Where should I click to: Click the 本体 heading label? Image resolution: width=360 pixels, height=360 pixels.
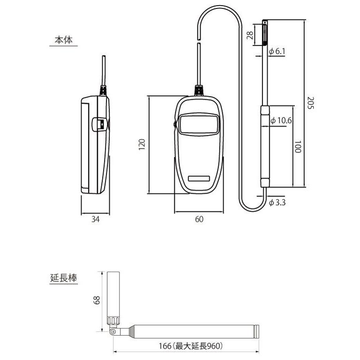[63, 40]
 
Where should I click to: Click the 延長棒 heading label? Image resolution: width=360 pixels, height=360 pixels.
[63, 277]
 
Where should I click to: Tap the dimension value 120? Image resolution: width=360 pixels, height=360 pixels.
[142, 144]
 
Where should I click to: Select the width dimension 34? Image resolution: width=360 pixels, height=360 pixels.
[95, 219]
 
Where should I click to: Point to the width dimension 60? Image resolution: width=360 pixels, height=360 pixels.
[199, 219]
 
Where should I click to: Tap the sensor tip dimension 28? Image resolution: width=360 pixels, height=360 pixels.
[250, 34]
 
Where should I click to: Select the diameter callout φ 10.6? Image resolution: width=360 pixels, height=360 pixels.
[281, 120]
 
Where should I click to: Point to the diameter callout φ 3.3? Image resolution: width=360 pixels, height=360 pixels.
[277, 202]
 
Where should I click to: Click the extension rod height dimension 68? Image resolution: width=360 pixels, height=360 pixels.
[97, 300]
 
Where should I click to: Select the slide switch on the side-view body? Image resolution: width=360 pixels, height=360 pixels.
[100, 124]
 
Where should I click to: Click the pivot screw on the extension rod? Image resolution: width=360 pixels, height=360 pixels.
[113, 331]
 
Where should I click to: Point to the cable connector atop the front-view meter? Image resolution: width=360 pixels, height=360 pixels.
[199, 90]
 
